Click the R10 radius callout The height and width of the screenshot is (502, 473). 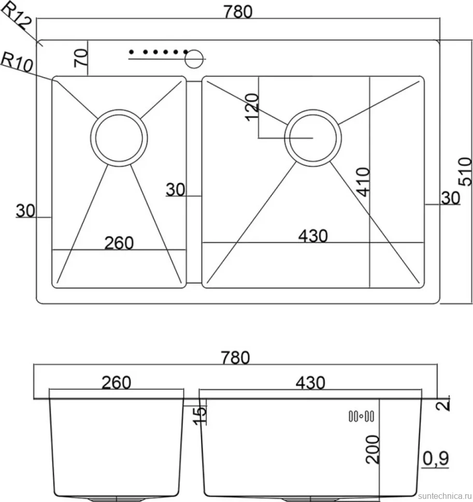17,62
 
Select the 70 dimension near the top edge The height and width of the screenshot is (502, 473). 81,57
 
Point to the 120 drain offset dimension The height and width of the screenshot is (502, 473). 252,107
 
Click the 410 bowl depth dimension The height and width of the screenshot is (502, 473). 363,182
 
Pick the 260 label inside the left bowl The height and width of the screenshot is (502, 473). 119,243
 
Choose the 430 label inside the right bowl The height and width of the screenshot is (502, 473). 313,236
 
